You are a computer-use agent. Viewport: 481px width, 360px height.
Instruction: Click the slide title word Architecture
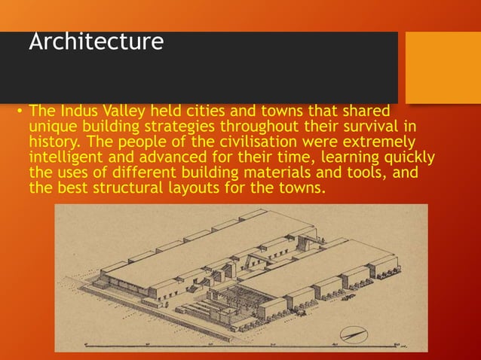coord(96,41)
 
